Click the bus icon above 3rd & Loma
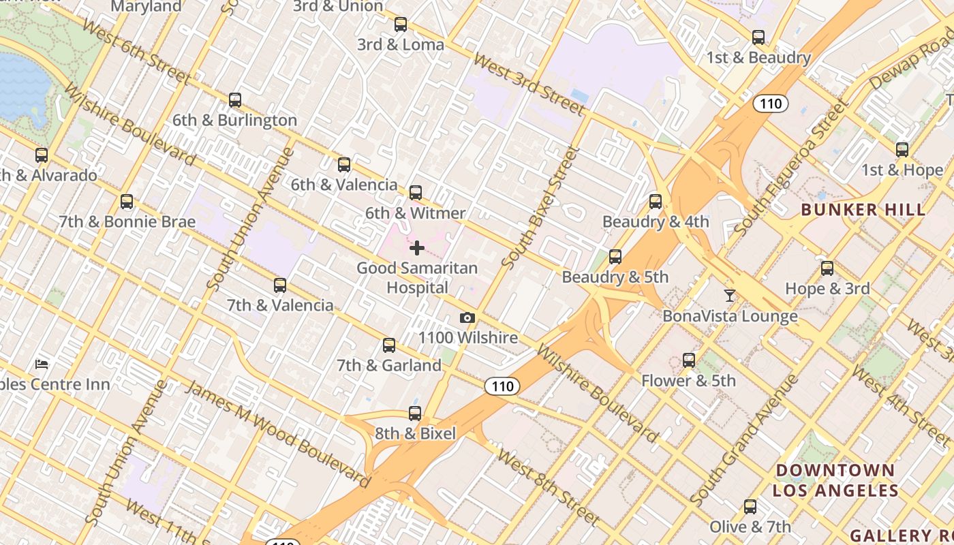click(401, 25)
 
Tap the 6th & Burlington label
click(234, 121)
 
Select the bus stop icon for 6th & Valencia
click(344, 164)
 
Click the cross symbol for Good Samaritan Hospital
click(417, 248)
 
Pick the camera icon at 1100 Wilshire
click(467, 318)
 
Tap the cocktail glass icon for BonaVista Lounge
click(730, 295)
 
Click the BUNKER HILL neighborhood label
click(863, 210)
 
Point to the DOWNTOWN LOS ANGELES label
click(835, 480)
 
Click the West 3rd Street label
click(529, 85)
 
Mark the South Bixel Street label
click(539, 207)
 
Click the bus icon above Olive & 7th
click(750, 507)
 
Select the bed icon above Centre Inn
click(42, 364)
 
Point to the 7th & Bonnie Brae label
click(127, 222)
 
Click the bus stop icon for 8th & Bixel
click(415, 414)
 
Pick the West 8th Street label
click(549, 486)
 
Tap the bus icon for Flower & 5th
click(689, 360)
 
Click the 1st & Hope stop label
click(902, 170)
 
